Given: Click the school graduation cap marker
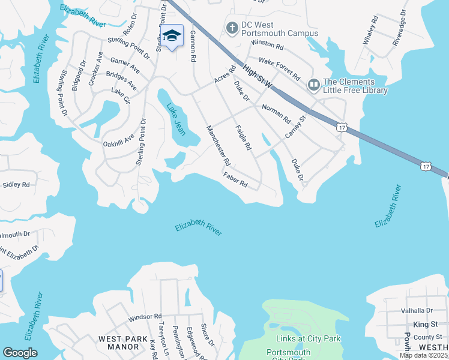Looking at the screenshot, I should pos(172,36).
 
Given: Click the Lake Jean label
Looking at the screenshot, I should pos(176,119).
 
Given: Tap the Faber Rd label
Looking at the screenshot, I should pos(235,180).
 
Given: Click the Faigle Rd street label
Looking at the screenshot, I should pos(243,137).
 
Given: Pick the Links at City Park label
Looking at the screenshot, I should pos(307,338).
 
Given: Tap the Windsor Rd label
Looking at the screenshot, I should pos(145,316).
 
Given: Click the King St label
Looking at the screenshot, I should pos(425,324).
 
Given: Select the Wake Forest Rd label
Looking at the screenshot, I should pos(279,70).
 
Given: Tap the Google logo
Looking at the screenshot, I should pos(20,353).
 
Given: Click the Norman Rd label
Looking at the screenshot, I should pos(276,112).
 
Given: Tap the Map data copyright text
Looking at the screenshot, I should pos(424,355).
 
